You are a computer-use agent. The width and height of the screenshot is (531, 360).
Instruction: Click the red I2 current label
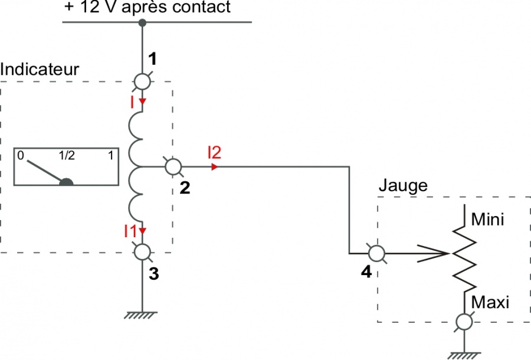[x=215, y=152]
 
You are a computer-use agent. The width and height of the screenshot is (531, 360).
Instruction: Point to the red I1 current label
[x=130, y=231]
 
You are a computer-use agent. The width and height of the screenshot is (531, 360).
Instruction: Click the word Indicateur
[x=40, y=70]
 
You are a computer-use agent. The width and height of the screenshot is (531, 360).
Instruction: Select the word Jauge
[x=403, y=185]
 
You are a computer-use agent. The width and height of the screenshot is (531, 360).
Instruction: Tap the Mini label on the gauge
[x=488, y=220]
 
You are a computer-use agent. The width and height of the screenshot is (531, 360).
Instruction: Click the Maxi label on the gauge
[x=490, y=302]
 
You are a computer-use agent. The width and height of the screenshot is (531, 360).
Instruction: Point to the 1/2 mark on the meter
[x=67, y=155]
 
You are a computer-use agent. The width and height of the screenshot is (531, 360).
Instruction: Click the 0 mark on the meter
[x=21, y=155]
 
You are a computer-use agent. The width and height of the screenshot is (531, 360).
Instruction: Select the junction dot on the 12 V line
[x=142, y=22]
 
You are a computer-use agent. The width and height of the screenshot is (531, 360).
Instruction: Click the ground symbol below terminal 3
[x=140, y=315]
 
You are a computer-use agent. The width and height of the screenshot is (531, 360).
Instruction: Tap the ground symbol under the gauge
[x=464, y=356]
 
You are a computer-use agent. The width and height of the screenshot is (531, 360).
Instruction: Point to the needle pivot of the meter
[x=66, y=182]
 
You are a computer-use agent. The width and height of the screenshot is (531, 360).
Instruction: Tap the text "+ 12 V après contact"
[x=147, y=7]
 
